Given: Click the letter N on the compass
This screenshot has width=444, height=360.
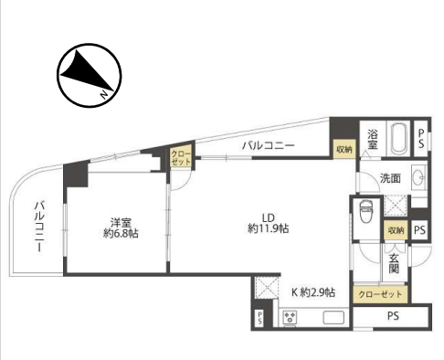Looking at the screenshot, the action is click(x=104, y=95).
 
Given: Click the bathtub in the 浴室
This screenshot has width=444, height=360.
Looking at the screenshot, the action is click(x=399, y=139).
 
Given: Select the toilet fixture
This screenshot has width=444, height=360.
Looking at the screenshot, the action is click(x=365, y=211).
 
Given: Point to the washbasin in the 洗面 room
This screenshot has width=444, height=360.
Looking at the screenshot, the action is click(x=419, y=177).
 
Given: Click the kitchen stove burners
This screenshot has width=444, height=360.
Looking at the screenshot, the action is click(x=290, y=317).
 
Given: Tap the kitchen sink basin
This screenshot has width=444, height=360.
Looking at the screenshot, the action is click(x=333, y=317).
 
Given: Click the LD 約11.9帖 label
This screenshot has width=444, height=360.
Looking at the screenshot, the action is click(x=269, y=223).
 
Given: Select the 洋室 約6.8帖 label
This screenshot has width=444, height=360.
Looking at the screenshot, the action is click(x=121, y=228).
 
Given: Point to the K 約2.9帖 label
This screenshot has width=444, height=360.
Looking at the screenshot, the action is click(x=313, y=292).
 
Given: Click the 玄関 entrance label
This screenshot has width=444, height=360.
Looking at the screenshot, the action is click(x=394, y=263).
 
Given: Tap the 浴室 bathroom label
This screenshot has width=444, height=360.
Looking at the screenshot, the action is click(x=372, y=140).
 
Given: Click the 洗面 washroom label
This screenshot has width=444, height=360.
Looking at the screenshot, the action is click(x=390, y=178).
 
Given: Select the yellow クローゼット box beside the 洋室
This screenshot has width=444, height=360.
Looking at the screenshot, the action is click(x=181, y=157).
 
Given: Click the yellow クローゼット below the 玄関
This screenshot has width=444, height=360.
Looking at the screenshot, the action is click(x=380, y=294).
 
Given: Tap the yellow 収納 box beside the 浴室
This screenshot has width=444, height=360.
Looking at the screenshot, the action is click(x=344, y=149).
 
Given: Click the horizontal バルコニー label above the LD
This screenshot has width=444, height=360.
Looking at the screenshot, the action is click(x=269, y=145).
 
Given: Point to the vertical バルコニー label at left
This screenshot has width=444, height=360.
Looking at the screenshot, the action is click(x=39, y=226).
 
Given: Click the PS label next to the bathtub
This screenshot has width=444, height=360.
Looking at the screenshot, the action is click(x=421, y=139).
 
